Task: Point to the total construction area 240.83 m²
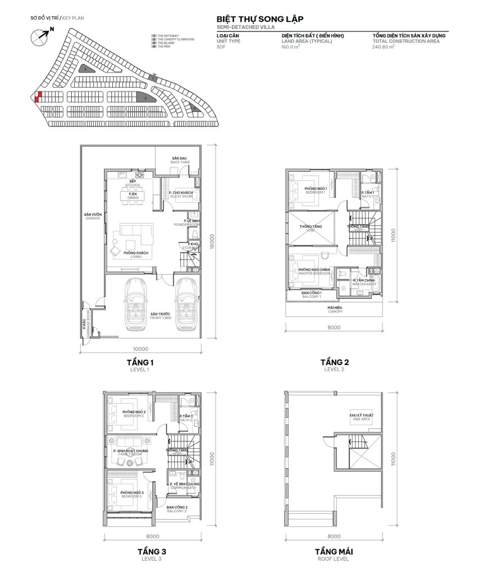coord(384,47)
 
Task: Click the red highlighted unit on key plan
coord(37,97)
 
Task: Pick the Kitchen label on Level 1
coord(134,183)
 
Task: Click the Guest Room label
coord(181,194)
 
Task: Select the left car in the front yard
coord(135,303)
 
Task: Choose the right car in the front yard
coord(185,303)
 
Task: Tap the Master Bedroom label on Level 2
coord(313,272)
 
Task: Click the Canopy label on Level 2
coord(335,309)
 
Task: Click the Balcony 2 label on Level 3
coord(177,509)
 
